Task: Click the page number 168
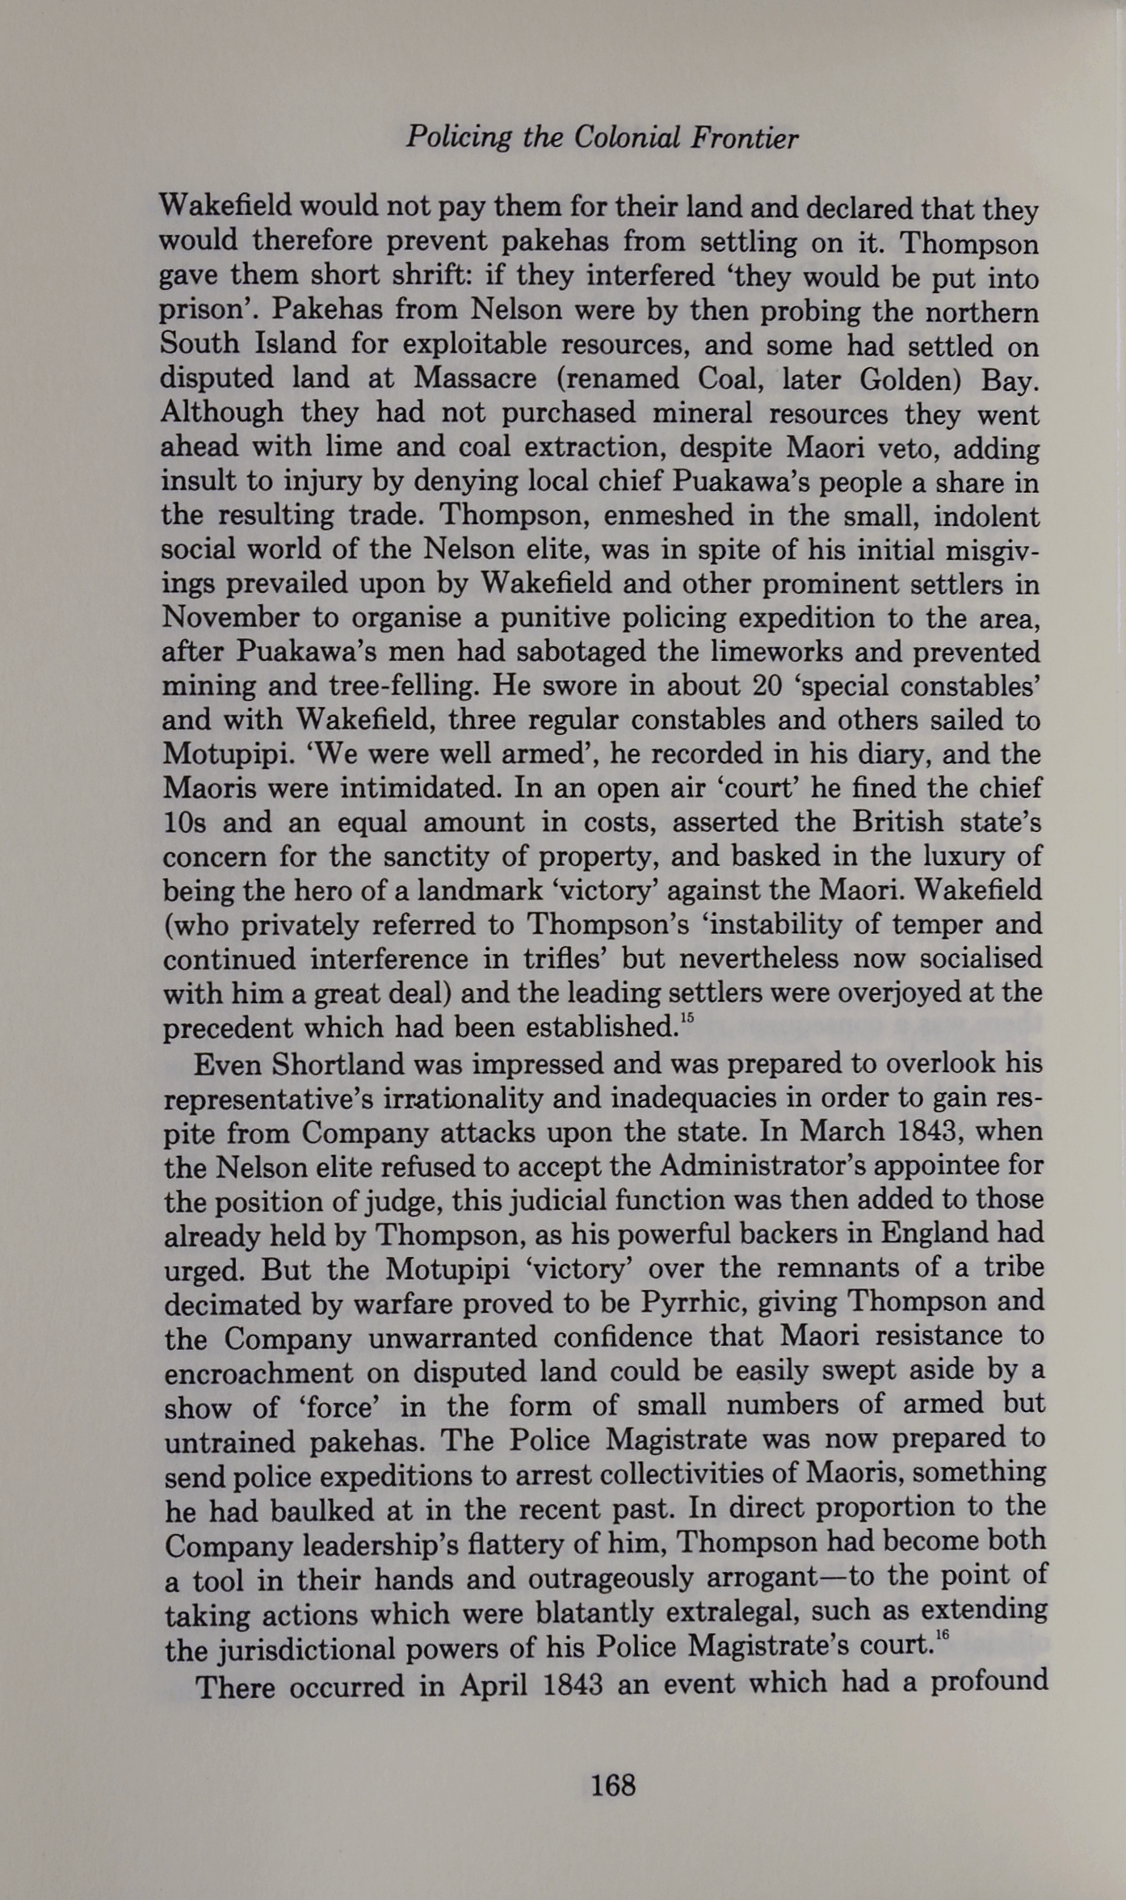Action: [x=613, y=1784]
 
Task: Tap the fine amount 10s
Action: [x=185, y=822]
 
